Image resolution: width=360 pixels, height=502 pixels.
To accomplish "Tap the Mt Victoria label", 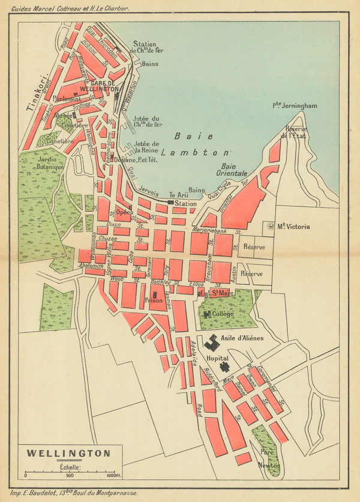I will [x=289, y=226].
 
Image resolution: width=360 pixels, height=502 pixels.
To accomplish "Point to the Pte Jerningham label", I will [x=295, y=106].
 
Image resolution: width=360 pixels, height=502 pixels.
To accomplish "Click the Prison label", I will [x=154, y=300].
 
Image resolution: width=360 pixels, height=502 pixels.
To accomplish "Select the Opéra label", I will [x=125, y=212].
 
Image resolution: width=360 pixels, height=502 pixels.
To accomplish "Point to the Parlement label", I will [x=67, y=98].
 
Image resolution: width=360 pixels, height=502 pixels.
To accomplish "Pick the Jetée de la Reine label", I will [x=147, y=147].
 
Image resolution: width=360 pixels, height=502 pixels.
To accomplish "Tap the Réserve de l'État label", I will [x=296, y=133].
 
